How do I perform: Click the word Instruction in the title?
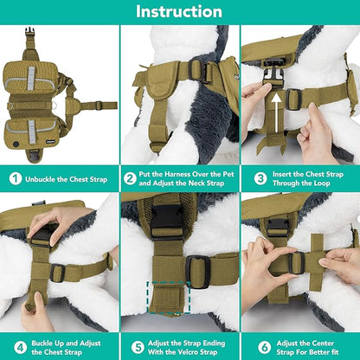(179, 11)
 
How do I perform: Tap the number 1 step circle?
(15, 179)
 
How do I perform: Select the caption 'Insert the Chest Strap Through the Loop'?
(308, 179)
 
